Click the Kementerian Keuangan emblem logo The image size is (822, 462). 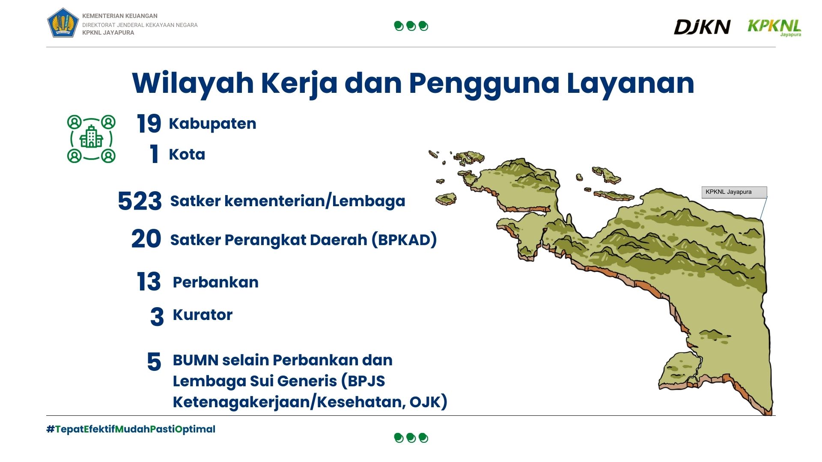pyautogui.click(x=63, y=23)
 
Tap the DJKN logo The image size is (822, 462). pyautogui.click(x=702, y=27)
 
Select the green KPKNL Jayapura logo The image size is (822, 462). pyautogui.click(x=774, y=27)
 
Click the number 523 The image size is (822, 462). pyautogui.click(x=140, y=201)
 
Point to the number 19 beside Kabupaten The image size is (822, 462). pyautogui.click(x=149, y=124)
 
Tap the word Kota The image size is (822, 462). pyautogui.click(x=187, y=154)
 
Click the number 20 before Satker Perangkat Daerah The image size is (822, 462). pyautogui.click(x=146, y=239)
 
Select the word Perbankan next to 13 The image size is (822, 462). pyautogui.click(x=215, y=282)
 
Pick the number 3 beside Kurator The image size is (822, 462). pyautogui.click(x=157, y=317)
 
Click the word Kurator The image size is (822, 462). pyautogui.click(x=203, y=315)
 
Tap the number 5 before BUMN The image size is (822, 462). pyautogui.click(x=154, y=362)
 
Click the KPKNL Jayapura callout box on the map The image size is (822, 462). pyautogui.click(x=734, y=192)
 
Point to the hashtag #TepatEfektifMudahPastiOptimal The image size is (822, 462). pyautogui.click(x=131, y=429)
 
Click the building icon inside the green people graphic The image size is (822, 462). pyautogui.click(x=91, y=137)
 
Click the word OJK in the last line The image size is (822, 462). pyautogui.click(x=428, y=402)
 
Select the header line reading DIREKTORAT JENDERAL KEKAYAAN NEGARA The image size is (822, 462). pyautogui.click(x=140, y=25)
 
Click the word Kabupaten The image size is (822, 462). pyautogui.click(x=213, y=124)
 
